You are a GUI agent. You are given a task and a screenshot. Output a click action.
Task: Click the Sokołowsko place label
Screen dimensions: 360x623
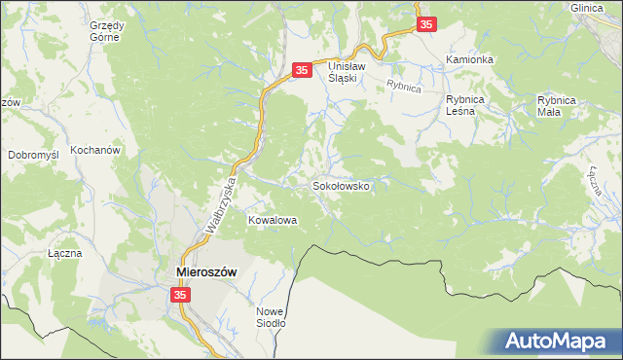click(x=341, y=185)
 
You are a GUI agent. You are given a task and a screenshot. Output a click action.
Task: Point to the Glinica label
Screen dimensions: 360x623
click(x=588, y=7)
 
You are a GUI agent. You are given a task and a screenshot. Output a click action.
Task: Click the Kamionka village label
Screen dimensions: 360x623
click(x=470, y=59)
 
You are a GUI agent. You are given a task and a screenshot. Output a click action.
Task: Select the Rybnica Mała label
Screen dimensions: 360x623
click(x=558, y=105)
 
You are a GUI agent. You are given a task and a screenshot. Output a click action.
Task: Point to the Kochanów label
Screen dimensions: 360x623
click(x=94, y=152)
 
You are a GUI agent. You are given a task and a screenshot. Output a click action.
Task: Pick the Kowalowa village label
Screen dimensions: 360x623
click(x=272, y=221)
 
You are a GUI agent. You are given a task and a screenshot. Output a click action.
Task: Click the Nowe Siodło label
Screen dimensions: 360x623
click(x=270, y=317)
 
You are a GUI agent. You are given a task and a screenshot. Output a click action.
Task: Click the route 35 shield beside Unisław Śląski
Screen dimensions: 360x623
click(x=302, y=70)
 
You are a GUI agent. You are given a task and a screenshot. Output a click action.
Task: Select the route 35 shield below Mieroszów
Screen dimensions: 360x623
click(x=180, y=295)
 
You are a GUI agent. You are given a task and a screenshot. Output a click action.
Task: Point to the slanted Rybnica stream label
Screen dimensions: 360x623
click(x=402, y=86)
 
